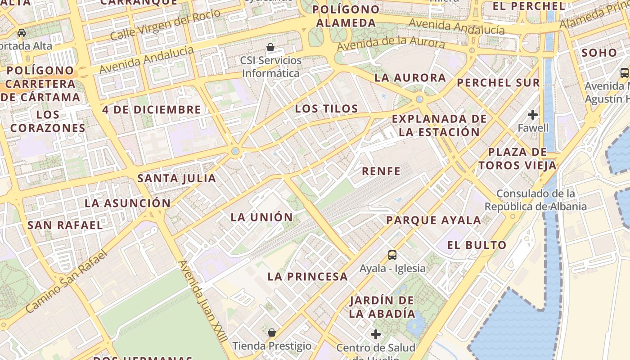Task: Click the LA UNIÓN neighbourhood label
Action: tap(261, 217)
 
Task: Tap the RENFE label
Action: tap(381, 171)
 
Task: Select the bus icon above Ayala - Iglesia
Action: tap(392, 255)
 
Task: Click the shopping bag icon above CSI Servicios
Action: tap(270, 47)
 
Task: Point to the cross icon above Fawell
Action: tap(533, 115)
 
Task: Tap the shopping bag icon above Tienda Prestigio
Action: tap(272, 333)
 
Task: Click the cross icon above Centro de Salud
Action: tap(375, 334)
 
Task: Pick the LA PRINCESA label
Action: tap(308, 277)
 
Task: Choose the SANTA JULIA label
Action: tap(176, 178)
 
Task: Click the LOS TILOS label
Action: tap(326, 108)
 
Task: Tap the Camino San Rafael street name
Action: tap(67, 281)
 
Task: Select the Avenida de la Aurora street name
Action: tap(391, 44)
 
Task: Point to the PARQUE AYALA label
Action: tap(434, 220)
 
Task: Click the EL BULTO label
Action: tap(477, 245)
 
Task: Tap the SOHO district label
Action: tap(599, 53)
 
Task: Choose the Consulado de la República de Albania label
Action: tap(535, 200)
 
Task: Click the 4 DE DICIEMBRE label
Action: tap(151, 109)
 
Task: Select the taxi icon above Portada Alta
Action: tap(21, 33)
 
